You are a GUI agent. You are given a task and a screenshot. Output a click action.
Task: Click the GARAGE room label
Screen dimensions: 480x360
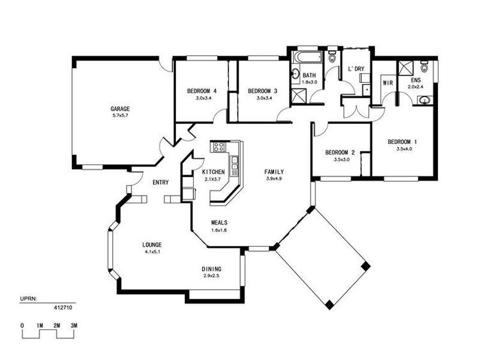pyautogui.click(x=120, y=109)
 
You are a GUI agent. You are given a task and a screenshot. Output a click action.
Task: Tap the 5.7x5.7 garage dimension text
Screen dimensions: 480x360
pyautogui.click(x=120, y=115)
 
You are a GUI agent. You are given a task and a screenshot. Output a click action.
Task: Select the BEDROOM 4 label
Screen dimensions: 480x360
pyautogui.click(x=202, y=91)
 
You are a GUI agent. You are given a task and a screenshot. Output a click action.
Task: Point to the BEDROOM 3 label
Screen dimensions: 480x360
pyautogui.click(x=263, y=91)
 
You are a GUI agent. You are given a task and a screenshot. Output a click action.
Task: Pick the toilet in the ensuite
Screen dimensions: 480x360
pyautogui.click(x=424, y=67)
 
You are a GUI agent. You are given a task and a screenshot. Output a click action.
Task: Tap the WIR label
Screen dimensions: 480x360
pyautogui.click(x=388, y=83)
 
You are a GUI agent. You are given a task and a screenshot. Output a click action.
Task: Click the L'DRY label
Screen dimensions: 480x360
pyautogui.click(x=356, y=69)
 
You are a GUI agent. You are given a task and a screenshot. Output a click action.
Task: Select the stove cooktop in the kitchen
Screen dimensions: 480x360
pyautogui.click(x=218, y=147)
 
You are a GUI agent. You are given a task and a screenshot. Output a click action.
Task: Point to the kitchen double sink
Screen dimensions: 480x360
pyautogui.click(x=235, y=163)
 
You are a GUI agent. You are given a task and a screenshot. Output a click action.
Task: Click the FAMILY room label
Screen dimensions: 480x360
pyautogui.click(x=274, y=172)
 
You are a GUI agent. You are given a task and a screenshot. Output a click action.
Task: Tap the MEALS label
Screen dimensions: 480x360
pyautogui.click(x=219, y=223)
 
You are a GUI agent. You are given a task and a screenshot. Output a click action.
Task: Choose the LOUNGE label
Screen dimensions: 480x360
pyautogui.click(x=152, y=245)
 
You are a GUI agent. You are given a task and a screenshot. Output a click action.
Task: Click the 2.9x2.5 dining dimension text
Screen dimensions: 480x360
pyautogui.click(x=212, y=276)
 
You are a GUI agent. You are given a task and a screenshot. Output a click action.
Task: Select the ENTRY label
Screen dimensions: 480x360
pyautogui.click(x=161, y=182)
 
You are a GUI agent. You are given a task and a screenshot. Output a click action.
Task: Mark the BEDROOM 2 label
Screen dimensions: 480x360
pyautogui.click(x=340, y=152)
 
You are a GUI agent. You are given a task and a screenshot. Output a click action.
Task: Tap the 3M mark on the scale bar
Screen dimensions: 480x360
pyautogui.click(x=74, y=325)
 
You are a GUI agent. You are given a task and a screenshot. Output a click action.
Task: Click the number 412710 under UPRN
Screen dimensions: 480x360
pyautogui.click(x=63, y=308)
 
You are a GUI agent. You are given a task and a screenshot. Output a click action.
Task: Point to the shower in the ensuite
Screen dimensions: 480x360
pyautogui.click(x=406, y=68)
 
